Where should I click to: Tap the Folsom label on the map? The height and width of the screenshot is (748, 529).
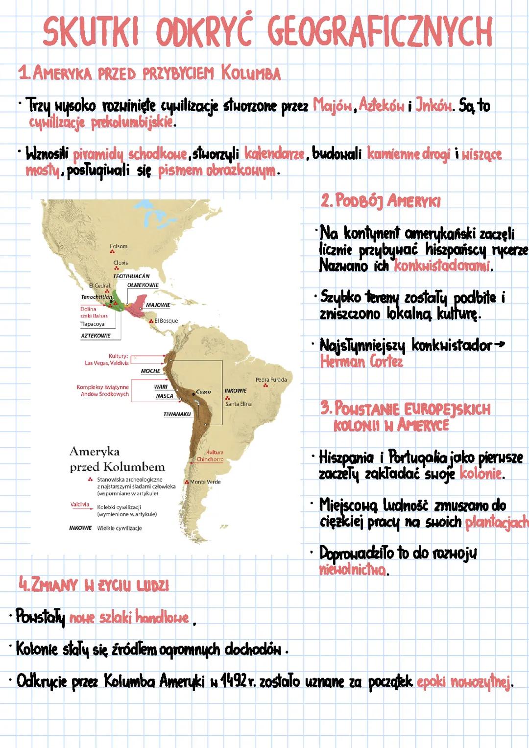(119, 246)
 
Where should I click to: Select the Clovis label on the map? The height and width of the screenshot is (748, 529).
(120, 263)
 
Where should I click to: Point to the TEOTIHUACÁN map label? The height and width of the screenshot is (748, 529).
(131, 276)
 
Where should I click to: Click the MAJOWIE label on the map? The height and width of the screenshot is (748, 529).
(158, 305)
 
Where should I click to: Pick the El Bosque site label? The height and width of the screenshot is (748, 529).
(166, 321)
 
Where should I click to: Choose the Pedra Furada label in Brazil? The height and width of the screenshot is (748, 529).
(271, 380)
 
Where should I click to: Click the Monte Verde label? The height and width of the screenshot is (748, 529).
(205, 482)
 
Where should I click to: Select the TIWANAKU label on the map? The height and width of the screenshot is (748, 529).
(177, 414)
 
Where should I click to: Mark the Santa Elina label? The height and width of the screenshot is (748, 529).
(239, 404)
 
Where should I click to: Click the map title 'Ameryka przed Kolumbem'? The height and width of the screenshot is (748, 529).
(117, 459)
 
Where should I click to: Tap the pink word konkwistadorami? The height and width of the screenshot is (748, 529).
(443, 266)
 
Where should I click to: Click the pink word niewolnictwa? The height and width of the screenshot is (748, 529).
(352, 570)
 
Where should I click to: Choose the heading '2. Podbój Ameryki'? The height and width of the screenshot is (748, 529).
(381, 201)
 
